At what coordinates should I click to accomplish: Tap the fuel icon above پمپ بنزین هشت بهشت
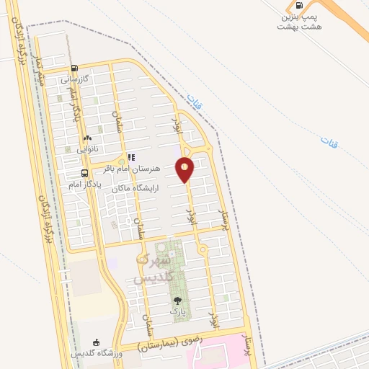pos(300,4)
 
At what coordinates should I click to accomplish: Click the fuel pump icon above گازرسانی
pos(75,69)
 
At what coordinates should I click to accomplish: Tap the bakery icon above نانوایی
pos(87,138)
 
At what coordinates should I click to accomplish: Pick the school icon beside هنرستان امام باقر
pos(130,156)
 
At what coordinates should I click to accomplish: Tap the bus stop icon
pos(85,174)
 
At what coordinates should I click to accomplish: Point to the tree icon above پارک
pos(177,301)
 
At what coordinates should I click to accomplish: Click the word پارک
pos(177,311)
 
